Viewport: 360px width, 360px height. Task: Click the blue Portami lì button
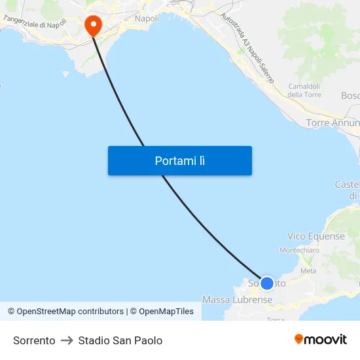tap(179, 160)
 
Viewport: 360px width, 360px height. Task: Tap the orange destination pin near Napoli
tap(93, 26)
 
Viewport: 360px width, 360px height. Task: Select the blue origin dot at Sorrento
tap(266, 283)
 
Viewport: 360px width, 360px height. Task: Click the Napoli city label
tap(147, 18)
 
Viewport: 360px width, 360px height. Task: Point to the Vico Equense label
tap(315, 236)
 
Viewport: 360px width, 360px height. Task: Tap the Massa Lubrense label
tap(237, 300)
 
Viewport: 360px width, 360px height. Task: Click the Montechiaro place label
tap(299, 250)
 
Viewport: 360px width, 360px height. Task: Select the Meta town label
tap(308, 270)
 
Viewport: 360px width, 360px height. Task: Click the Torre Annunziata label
tap(333, 123)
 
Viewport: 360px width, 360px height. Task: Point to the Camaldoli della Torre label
tap(304, 90)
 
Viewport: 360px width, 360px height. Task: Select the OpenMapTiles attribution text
tap(166, 312)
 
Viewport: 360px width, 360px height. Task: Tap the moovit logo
tap(320, 340)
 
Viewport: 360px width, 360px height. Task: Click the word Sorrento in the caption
tap(34, 340)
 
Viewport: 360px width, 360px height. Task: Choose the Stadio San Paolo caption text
tap(120, 340)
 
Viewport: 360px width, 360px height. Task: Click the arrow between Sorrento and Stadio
tap(67, 340)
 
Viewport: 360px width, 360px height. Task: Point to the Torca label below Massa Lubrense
tap(276, 319)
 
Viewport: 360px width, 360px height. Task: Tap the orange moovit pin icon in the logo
tap(298, 339)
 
